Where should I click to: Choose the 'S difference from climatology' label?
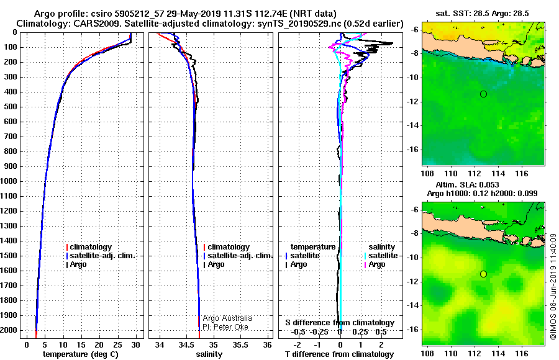click(x=340, y=323)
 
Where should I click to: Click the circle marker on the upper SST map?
click(x=483, y=94)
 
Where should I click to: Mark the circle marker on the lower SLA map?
click(x=483, y=274)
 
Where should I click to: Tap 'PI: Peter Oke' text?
click(x=227, y=326)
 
